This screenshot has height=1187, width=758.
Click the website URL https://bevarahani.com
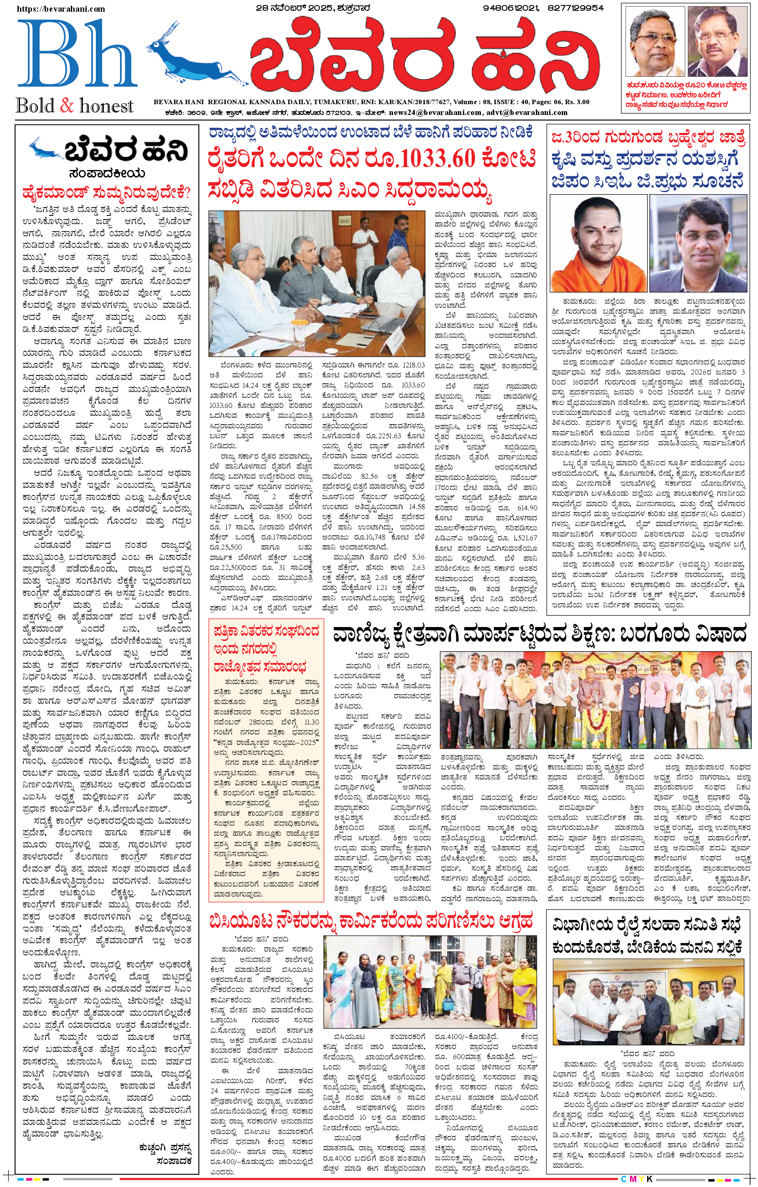coord(61,9)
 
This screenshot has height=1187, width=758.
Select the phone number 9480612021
coord(510,8)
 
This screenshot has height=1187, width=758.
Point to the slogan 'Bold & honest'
coord(75,106)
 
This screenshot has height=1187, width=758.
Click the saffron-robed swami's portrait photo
coord(598,243)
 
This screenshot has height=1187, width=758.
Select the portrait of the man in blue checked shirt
coord(699,243)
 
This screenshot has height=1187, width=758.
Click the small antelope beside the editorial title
coord(46,148)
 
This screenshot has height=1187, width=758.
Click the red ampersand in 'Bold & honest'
coord(67,105)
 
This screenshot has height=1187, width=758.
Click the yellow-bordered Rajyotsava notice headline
coord(266,649)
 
